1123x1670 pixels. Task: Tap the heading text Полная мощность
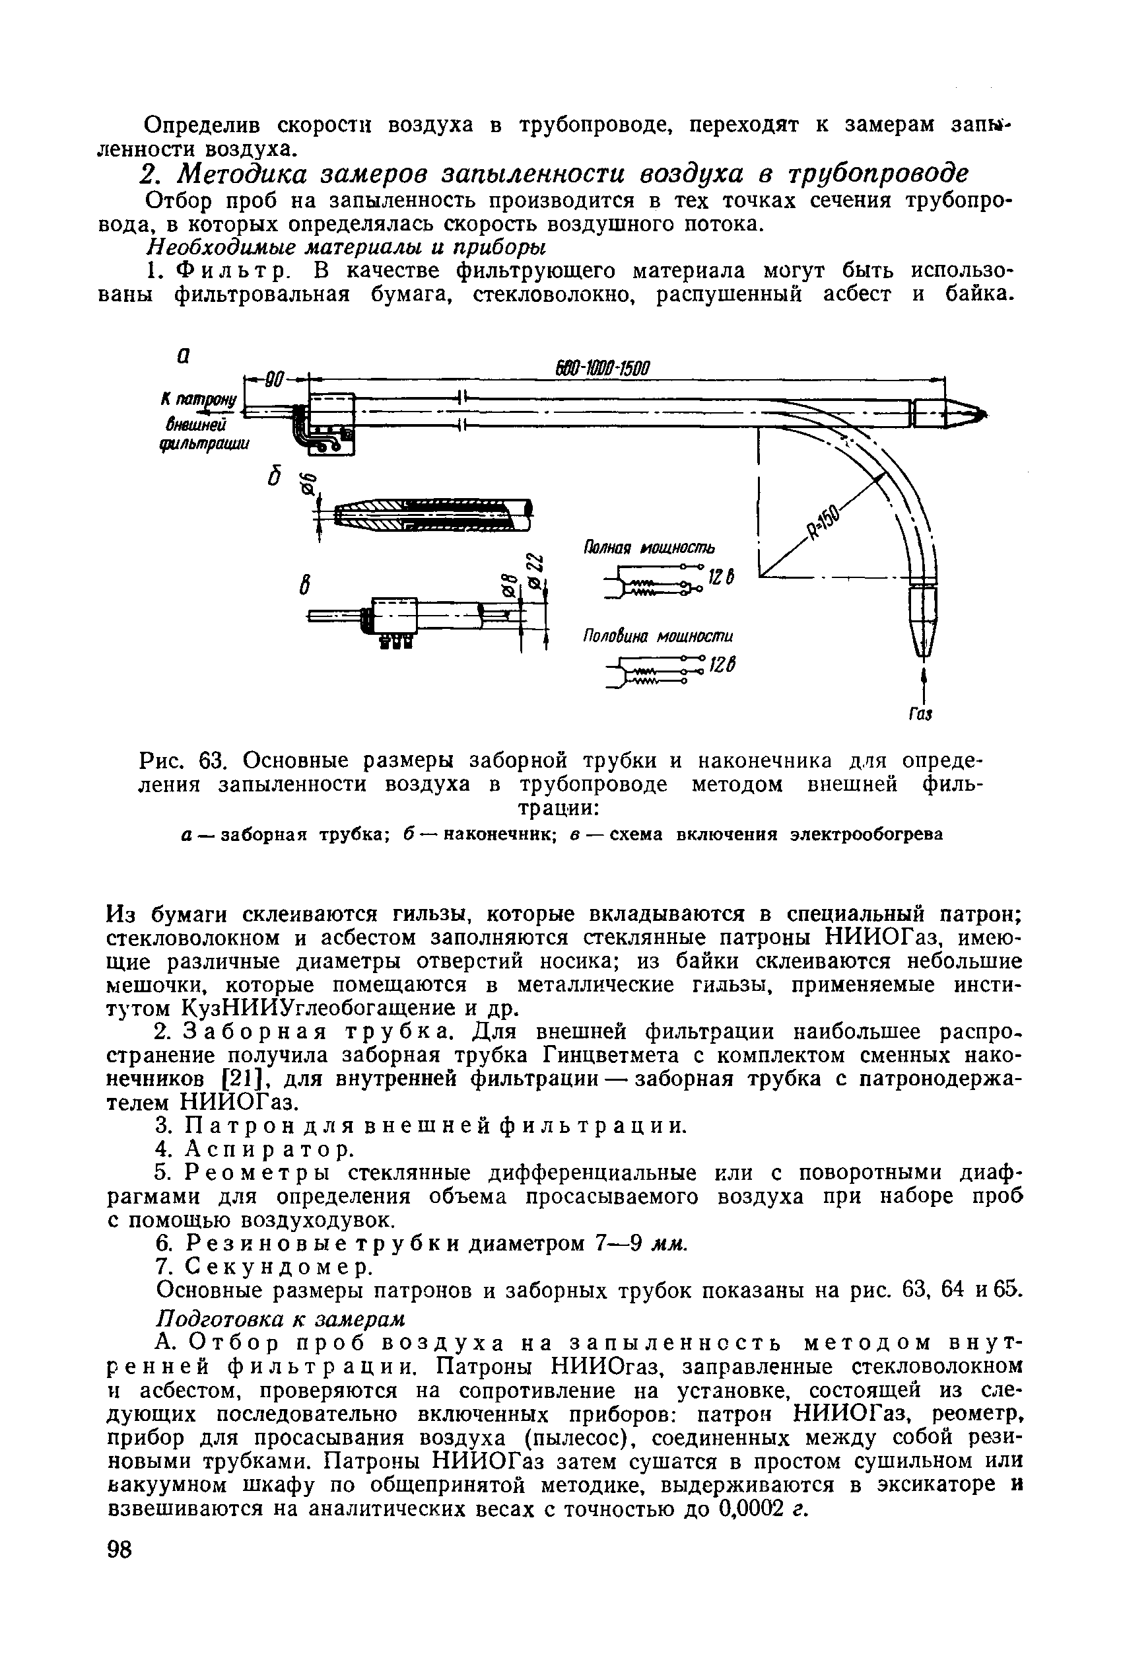tap(649, 548)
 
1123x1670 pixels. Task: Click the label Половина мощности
tap(658, 636)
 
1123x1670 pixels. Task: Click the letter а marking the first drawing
tap(184, 356)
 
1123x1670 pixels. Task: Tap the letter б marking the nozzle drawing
tap(273, 478)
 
